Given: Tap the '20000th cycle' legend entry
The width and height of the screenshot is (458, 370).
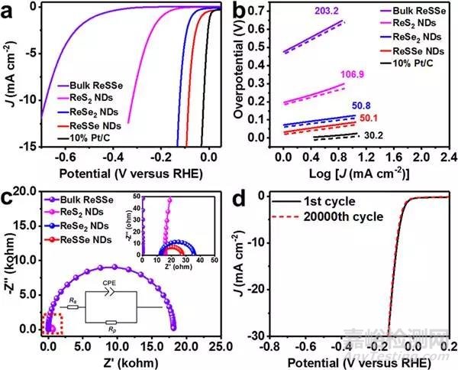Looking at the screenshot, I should (x=313, y=217).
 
